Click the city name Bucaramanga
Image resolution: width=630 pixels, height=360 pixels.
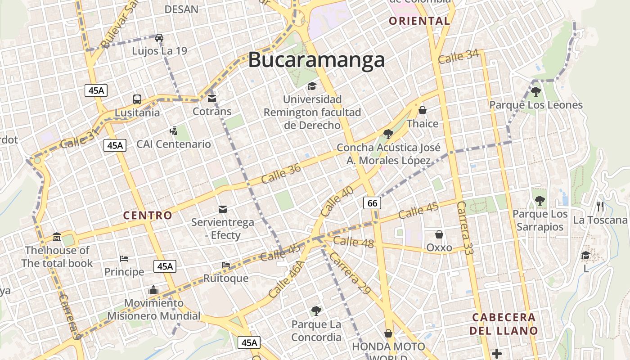(316, 60)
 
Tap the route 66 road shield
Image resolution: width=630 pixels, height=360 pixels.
(372, 203)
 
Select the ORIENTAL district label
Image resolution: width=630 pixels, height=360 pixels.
(419, 21)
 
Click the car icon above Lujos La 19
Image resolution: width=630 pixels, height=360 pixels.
(159, 37)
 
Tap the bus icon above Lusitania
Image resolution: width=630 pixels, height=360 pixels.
(137, 99)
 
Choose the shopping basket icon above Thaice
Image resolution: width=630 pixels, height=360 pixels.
(423, 110)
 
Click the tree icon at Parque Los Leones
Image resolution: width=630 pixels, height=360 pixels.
(535, 92)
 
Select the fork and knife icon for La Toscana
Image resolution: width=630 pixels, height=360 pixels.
(600, 207)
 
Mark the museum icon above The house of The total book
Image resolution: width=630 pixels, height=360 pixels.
(57, 237)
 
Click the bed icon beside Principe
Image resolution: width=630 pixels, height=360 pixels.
(124, 259)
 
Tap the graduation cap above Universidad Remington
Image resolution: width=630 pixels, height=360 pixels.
(312, 86)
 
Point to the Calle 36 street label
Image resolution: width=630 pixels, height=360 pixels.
(281, 174)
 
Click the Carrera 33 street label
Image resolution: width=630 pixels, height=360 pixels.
(465, 229)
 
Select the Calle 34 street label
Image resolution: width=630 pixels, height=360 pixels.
(458, 57)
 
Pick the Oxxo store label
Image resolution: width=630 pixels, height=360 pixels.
(439, 247)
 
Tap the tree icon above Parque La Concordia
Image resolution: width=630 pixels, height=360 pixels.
(316, 310)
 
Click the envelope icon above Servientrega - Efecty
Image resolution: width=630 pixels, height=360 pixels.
(222, 209)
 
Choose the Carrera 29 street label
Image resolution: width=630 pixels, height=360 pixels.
(350, 273)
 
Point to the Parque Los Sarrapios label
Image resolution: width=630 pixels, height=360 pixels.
(540, 220)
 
